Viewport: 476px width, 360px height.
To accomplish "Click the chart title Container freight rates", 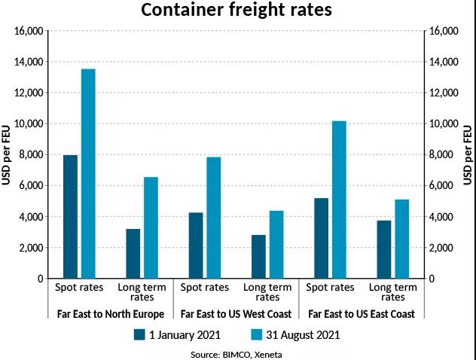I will (238, 11).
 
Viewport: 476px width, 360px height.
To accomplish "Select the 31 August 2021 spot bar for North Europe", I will (88, 174).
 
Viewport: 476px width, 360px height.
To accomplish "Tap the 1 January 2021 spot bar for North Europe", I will (70, 217).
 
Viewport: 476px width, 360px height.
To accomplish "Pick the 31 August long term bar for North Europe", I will (151, 227).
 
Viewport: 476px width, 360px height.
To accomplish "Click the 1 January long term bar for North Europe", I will (133, 254).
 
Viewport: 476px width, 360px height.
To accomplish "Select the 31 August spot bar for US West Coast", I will (214, 218).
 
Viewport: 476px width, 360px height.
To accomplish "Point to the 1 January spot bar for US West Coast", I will (196, 246).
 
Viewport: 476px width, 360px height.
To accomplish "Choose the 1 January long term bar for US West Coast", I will (258, 257).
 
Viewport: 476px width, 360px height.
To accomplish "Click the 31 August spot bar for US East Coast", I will (339, 200).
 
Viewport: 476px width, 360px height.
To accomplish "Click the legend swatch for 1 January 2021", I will (139, 334).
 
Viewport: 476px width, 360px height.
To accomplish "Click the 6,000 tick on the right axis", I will (442, 186).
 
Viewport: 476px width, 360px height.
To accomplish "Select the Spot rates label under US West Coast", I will (205, 288).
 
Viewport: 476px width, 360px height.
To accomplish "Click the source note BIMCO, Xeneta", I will (238, 352).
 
